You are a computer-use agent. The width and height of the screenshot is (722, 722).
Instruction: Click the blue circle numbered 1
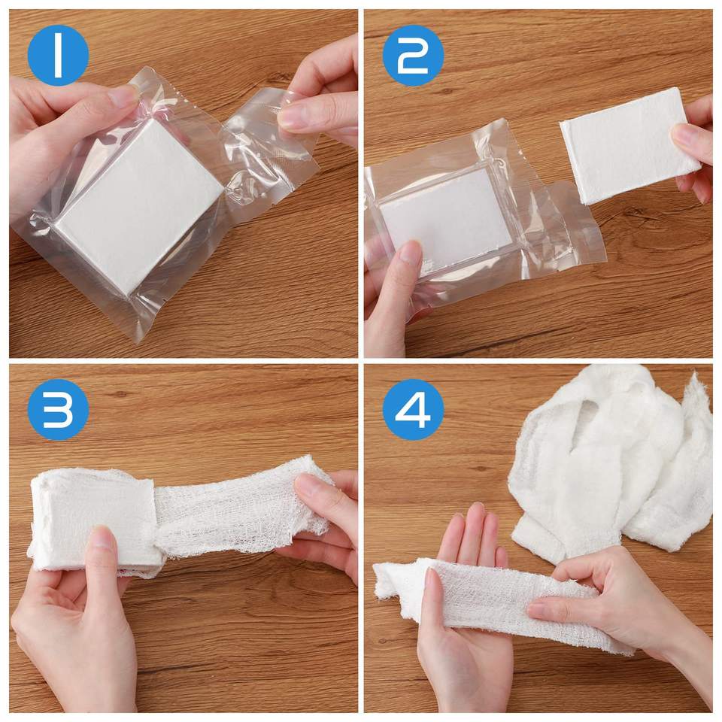tap(58, 55)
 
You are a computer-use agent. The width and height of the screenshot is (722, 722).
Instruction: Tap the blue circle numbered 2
tap(413, 55)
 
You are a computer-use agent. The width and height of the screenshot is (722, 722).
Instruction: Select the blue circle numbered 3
tap(58, 410)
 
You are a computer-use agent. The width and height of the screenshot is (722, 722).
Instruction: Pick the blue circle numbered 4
tap(413, 410)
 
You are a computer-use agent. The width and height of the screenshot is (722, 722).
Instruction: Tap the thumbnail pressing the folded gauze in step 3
tap(100, 543)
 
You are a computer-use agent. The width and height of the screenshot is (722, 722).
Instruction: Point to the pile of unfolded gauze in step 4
tap(612, 460)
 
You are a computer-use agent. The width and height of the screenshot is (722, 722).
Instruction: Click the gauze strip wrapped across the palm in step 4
tap(502, 599)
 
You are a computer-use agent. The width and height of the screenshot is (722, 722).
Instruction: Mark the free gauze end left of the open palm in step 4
tap(391, 581)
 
